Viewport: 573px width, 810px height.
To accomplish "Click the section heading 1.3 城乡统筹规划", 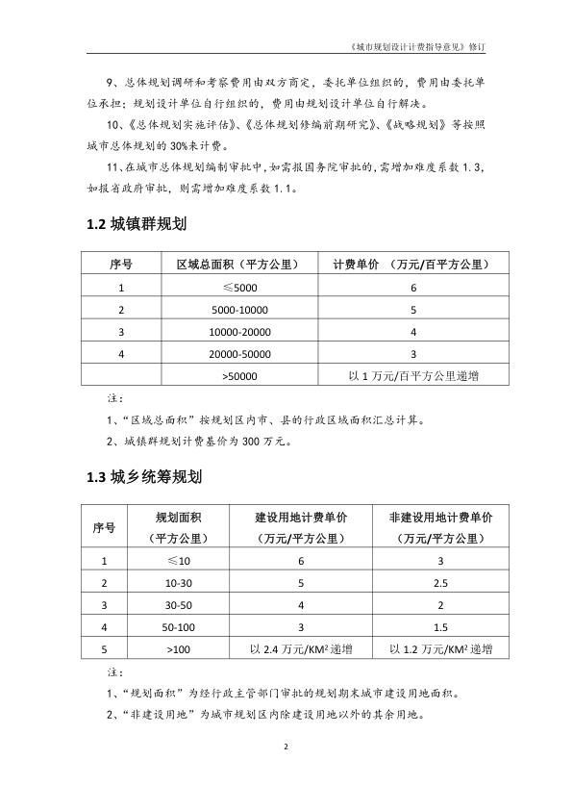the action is pyautogui.click(x=143, y=475).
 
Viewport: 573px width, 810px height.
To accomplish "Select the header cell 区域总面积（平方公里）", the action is pyautogui.click(x=234, y=265).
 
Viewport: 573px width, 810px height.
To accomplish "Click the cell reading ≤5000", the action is pyautogui.click(x=234, y=288).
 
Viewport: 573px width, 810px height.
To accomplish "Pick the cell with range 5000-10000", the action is pyautogui.click(x=234, y=310).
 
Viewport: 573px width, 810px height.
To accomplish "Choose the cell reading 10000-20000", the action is pyautogui.click(x=234, y=332).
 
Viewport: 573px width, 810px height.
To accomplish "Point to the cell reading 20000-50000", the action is pyautogui.click(x=234, y=354).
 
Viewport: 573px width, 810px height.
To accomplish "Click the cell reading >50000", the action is pyautogui.click(x=234, y=376).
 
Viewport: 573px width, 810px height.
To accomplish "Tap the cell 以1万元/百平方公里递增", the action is pyautogui.click(x=412, y=376).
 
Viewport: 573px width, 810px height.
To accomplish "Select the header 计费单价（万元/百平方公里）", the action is pyautogui.click(x=412, y=265).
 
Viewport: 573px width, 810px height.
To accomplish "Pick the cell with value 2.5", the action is pyautogui.click(x=440, y=583).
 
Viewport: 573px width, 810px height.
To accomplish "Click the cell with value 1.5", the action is pyautogui.click(x=440, y=627).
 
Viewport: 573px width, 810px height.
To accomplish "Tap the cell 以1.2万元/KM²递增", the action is pyautogui.click(x=440, y=650).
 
